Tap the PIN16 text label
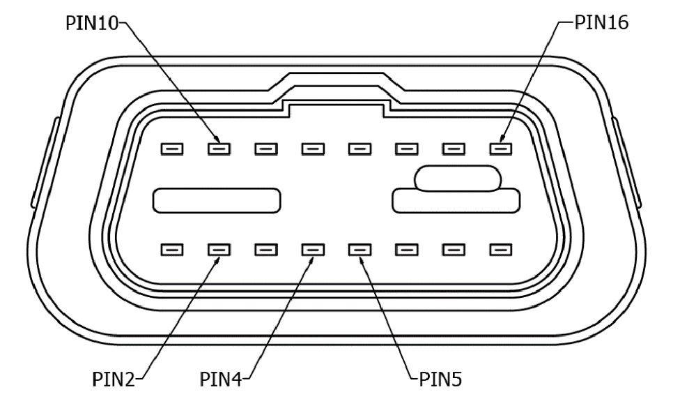(601, 22)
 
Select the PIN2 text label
(116, 380)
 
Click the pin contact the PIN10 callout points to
(219, 149)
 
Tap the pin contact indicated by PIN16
(500, 149)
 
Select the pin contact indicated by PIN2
(219, 249)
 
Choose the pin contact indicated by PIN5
(360, 249)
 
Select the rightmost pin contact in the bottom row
(500, 249)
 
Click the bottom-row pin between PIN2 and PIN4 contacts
(265, 249)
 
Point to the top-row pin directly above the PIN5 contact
(360, 149)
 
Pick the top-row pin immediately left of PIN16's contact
(454, 149)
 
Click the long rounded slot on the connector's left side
(217, 200)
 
